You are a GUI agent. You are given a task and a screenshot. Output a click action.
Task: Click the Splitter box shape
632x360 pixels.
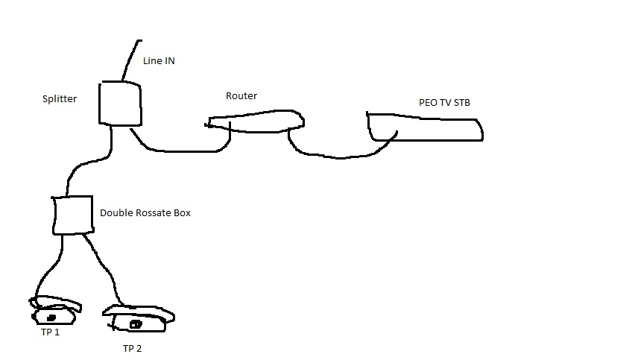tap(100, 103)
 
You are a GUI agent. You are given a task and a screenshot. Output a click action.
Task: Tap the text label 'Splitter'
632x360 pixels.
tap(60, 99)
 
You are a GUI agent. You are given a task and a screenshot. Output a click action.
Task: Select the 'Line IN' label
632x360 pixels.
tap(159, 61)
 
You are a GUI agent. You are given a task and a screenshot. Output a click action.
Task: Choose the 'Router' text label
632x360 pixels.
tap(241, 96)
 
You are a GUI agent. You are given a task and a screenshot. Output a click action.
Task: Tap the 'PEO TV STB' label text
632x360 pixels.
tap(444, 103)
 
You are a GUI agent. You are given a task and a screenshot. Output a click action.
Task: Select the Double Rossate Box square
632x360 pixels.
tap(53, 215)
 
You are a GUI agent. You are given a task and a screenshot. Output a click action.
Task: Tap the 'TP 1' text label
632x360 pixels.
tap(50, 332)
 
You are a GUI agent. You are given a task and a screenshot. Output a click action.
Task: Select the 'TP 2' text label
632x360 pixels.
tap(132, 349)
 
